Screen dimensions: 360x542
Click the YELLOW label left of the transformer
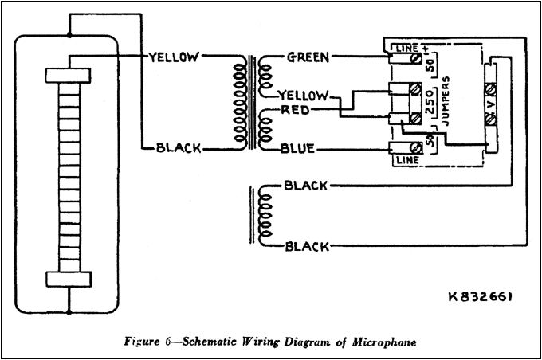coord(175,57)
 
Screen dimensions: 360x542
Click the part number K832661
coord(481,296)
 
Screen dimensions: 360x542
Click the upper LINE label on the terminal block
coord(405,50)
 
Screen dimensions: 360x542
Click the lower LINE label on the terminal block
coord(403,159)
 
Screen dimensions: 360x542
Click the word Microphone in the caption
coord(382,343)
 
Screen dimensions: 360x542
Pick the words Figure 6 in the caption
coord(149,343)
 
